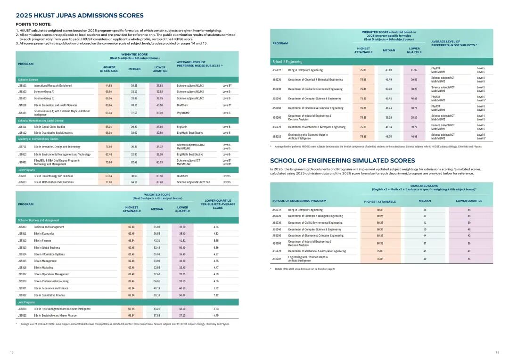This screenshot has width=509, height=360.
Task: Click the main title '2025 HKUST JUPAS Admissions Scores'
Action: click(80, 16)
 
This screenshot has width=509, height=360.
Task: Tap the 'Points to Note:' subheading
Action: click(33, 24)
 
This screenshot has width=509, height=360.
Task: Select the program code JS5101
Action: click(22, 86)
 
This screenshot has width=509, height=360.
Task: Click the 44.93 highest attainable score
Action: click(108, 86)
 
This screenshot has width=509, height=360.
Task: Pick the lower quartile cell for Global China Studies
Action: click(159, 127)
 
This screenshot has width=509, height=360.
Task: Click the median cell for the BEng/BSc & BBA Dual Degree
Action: click(134, 162)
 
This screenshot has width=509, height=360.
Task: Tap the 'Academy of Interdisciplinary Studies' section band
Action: click(38, 139)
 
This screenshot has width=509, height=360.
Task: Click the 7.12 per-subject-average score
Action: click(216, 295)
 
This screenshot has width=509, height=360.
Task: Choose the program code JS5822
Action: click(22, 315)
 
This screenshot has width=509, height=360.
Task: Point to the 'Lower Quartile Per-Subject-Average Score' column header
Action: click(217, 204)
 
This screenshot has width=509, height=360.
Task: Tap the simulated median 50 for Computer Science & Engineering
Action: click(425, 229)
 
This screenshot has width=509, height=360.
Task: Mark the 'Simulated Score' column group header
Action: click(424, 188)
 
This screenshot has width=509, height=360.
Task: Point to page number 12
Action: click(12, 352)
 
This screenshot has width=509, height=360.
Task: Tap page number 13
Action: click(497, 352)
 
